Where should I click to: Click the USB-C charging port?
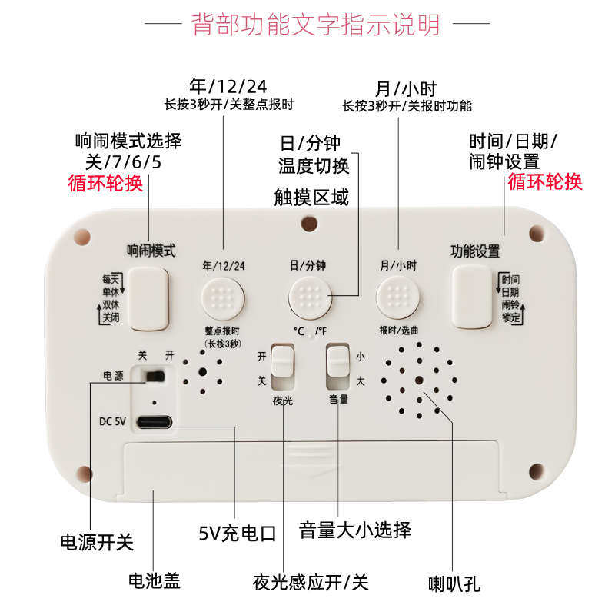tap(155, 422)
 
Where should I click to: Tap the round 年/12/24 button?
tap(223, 298)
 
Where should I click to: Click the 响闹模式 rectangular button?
tap(148, 298)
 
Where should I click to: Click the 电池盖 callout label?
tap(155, 580)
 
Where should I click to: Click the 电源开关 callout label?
tap(97, 542)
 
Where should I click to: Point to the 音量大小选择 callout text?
tap(355, 530)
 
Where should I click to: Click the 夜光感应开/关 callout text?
tap(311, 582)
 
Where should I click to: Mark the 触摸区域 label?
tap(311, 198)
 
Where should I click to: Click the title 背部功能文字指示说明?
tap(316, 25)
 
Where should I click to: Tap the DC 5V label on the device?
tap(112, 421)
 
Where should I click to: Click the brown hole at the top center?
tap(309, 224)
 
